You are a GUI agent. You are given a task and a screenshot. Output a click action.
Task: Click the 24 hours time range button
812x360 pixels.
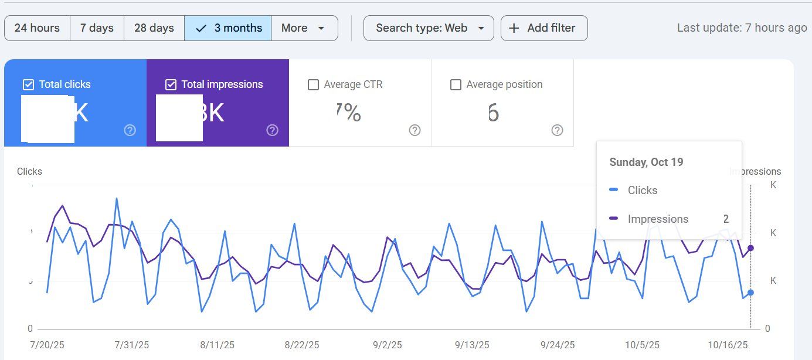pos(37,28)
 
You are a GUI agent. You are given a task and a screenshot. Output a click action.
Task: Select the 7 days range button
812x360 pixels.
pos(97,28)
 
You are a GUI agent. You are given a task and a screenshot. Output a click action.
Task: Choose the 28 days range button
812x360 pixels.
pos(154,28)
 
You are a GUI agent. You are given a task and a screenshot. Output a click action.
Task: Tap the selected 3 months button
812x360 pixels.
pos(227,28)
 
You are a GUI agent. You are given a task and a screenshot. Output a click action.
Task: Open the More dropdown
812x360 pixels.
pos(304,28)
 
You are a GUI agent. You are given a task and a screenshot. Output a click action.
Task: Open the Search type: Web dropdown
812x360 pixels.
pos(429,28)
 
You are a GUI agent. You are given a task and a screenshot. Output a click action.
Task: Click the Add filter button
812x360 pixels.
pos(543,28)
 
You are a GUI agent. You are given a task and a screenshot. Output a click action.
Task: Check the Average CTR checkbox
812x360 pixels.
pos(314,85)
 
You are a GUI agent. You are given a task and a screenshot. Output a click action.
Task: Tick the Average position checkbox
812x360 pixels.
pos(456,85)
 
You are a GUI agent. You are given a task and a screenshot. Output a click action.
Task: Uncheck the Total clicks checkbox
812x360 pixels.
pos(28,85)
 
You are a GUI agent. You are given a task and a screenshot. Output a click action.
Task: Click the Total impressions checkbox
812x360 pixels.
pos(171,85)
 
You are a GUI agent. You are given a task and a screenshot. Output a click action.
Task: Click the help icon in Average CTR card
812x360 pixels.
pos(415,130)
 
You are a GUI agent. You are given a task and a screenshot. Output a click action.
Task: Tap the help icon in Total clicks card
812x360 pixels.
pos(130,130)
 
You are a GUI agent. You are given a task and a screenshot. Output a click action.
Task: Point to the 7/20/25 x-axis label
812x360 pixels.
pos(47,345)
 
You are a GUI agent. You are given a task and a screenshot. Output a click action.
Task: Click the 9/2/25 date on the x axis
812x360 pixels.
pos(387,345)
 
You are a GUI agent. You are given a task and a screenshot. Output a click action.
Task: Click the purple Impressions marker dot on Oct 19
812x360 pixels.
pos(750,248)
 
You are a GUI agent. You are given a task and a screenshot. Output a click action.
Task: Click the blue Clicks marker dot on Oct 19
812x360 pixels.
pos(750,293)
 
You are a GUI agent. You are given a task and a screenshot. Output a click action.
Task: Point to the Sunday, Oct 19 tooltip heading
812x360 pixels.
pos(646,162)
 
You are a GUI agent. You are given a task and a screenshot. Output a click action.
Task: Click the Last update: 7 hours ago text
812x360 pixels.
pos(742,28)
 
